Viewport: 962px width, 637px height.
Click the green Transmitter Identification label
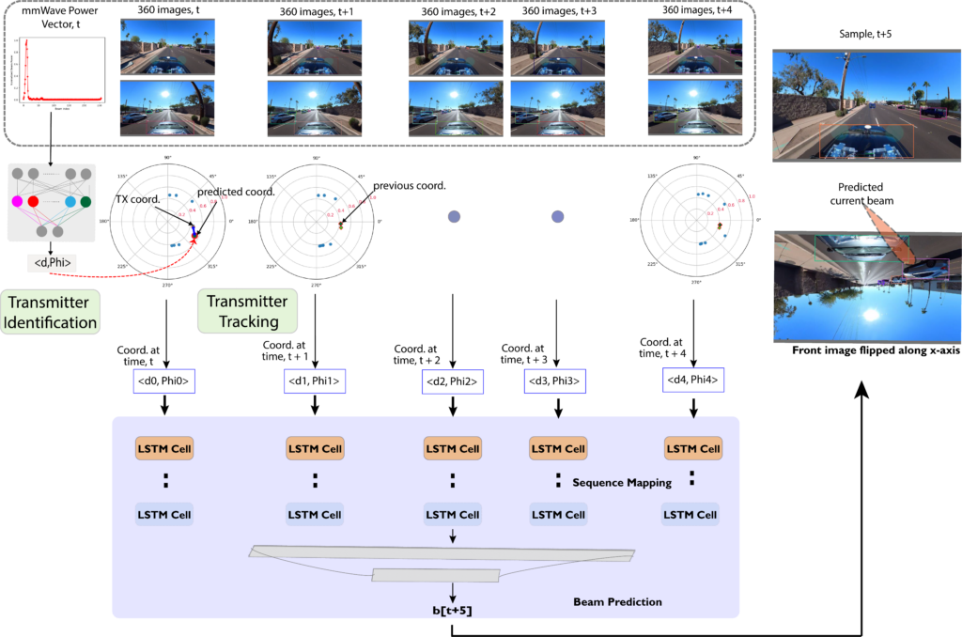pos(50,313)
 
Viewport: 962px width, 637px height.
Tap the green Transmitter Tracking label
pos(247,311)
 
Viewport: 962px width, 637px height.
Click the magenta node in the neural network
pos(16,201)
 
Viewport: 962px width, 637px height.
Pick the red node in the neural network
pos(33,201)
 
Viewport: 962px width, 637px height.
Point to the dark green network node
pos(85,201)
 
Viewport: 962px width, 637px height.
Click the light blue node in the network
pos(70,201)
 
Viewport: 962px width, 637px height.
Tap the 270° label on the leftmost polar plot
pos(168,283)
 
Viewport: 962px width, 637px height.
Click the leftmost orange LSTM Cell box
pos(164,448)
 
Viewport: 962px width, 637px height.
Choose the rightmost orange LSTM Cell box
pos(692,448)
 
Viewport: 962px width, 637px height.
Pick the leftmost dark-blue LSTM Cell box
pos(164,514)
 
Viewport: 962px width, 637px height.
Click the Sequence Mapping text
pos(622,483)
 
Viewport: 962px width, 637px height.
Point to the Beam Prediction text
pos(617,601)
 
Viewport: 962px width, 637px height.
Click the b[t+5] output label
pos(452,611)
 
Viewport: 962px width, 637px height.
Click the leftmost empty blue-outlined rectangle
pos(164,381)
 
